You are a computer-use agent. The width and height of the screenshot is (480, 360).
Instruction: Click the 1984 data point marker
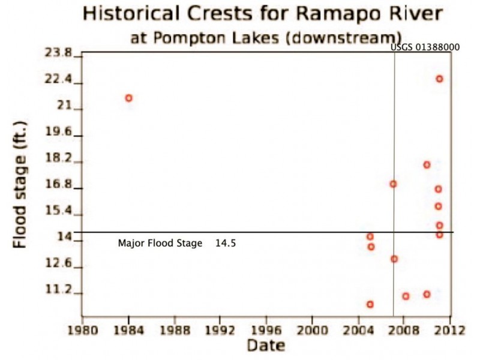(128, 98)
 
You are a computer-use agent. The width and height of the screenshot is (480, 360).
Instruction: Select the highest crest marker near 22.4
(439, 79)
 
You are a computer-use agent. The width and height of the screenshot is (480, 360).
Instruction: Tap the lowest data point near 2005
(370, 304)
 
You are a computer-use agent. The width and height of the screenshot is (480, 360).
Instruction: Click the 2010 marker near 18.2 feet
(427, 164)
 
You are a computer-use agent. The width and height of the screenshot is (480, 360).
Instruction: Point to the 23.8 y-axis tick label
(58, 53)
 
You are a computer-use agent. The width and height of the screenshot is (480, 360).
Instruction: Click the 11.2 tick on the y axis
(58, 290)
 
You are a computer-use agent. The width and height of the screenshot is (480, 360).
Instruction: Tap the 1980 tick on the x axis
(83, 329)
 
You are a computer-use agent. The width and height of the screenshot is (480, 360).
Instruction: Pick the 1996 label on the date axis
(266, 329)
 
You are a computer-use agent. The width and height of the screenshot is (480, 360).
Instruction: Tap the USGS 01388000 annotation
(425, 47)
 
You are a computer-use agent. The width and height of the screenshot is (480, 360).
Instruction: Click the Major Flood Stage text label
(160, 244)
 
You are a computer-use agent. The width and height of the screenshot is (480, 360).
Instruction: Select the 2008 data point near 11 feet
(406, 296)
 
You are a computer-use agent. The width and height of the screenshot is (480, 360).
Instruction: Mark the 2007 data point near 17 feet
(393, 184)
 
